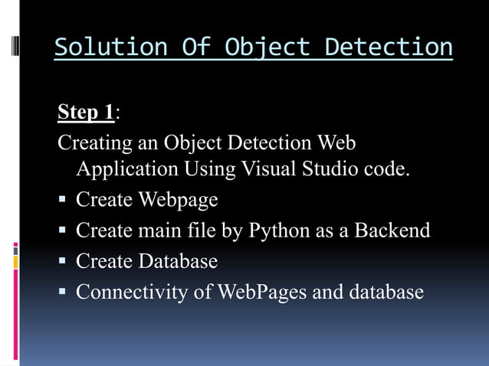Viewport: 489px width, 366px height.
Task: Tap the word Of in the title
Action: tap(192, 47)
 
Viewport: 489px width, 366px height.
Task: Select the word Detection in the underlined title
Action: tap(388, 47)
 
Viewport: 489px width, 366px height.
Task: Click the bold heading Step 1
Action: tap(86, 113)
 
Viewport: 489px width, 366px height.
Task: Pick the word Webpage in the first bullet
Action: tap(178, 201)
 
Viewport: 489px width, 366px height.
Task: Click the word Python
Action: tap(279, 231)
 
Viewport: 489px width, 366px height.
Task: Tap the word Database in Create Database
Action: tap(178, 261)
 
